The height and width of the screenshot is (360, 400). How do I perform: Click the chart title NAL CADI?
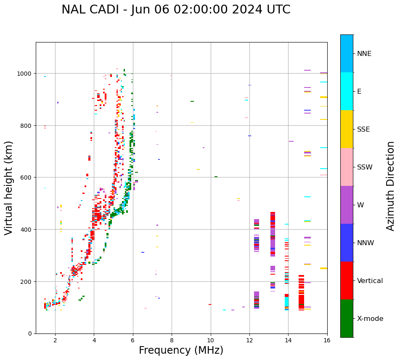[176, 10]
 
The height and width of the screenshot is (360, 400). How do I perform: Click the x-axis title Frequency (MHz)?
[181, 350]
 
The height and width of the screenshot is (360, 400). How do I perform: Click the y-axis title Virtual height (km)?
[9, 188]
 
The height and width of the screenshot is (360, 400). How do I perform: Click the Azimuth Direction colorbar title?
[391, 186]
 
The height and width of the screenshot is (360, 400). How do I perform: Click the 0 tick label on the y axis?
[30, 334]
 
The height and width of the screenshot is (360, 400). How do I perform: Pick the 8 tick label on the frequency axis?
[172, 340]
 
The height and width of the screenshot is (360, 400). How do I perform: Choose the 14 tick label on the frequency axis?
[288, 340]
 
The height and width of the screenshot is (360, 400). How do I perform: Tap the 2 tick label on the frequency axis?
[55, 340]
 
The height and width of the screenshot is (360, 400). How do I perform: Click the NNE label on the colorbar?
[364, 53]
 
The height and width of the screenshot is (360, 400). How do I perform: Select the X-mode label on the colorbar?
[370, 319]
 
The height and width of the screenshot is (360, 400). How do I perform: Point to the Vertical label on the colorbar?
[370, 281]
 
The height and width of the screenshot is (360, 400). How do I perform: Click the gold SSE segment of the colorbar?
[347, 129]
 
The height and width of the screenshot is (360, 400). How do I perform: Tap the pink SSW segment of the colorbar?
[347, 167]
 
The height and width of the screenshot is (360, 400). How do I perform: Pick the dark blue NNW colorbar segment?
[347, 243]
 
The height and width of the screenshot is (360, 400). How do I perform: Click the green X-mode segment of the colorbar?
[347, 318]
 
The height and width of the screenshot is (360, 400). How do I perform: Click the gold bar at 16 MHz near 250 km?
[323, 268]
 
